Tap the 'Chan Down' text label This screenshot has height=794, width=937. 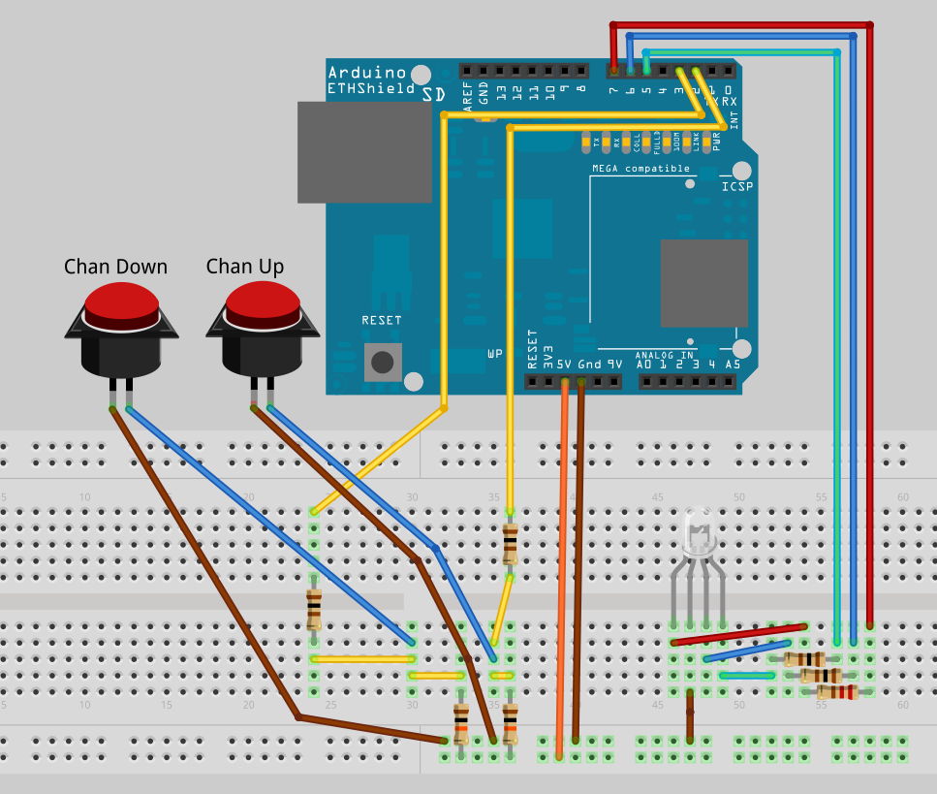[115, 267]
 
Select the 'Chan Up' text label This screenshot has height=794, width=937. [244, 267]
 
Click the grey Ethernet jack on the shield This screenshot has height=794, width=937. [364, 152]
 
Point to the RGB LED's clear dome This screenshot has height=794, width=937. [698, 528]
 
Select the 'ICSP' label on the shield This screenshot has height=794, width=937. [736, 186]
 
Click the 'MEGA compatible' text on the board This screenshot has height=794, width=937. [641, 169]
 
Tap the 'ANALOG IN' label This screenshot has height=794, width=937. [665, 355]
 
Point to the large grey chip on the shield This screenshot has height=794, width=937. [703, 282]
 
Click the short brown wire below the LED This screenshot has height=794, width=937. [690, 716]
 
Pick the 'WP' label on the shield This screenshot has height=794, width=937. [495, 355]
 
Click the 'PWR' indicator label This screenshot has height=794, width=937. [717, 143]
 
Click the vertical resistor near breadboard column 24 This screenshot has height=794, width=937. [313, 609]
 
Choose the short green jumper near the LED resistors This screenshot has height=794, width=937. [746, 675]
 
